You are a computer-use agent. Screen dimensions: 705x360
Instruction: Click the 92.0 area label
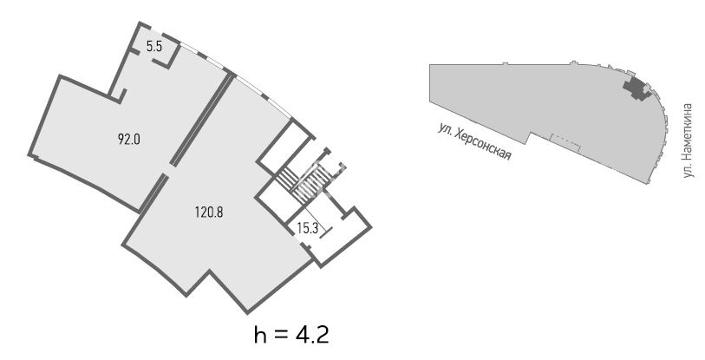click(129, 140)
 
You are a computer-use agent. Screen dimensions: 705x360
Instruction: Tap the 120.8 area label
click(209, 212)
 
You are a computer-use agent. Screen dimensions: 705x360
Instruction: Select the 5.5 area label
click(154, 47)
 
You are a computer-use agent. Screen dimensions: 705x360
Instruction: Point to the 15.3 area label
click(308, 229)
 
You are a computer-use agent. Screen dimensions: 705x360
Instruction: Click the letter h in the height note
click(259, 335)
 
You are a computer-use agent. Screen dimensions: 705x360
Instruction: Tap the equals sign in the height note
click(280, 337)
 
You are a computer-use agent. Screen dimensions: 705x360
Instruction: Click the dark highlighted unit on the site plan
click(636, 88)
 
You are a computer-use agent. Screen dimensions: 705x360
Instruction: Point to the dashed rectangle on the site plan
click(565, 143)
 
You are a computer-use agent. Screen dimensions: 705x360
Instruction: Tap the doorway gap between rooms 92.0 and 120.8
click(166, 170)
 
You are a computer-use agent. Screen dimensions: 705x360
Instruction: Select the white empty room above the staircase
click(284, 146)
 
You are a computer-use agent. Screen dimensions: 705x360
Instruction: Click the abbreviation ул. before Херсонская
click(444, 128)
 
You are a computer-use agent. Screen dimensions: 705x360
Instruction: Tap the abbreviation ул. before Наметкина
click(688, 170)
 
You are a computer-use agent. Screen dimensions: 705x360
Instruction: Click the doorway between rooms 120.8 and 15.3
click(296, 236)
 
